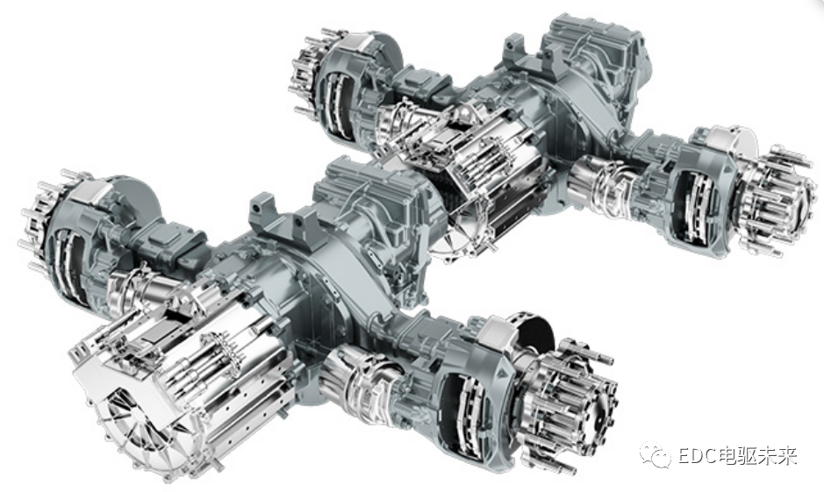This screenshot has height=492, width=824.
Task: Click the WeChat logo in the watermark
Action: pyautogui.click(x=655, y=455)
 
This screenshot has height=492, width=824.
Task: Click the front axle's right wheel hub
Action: pyautogui.click(x=570, y=403)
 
